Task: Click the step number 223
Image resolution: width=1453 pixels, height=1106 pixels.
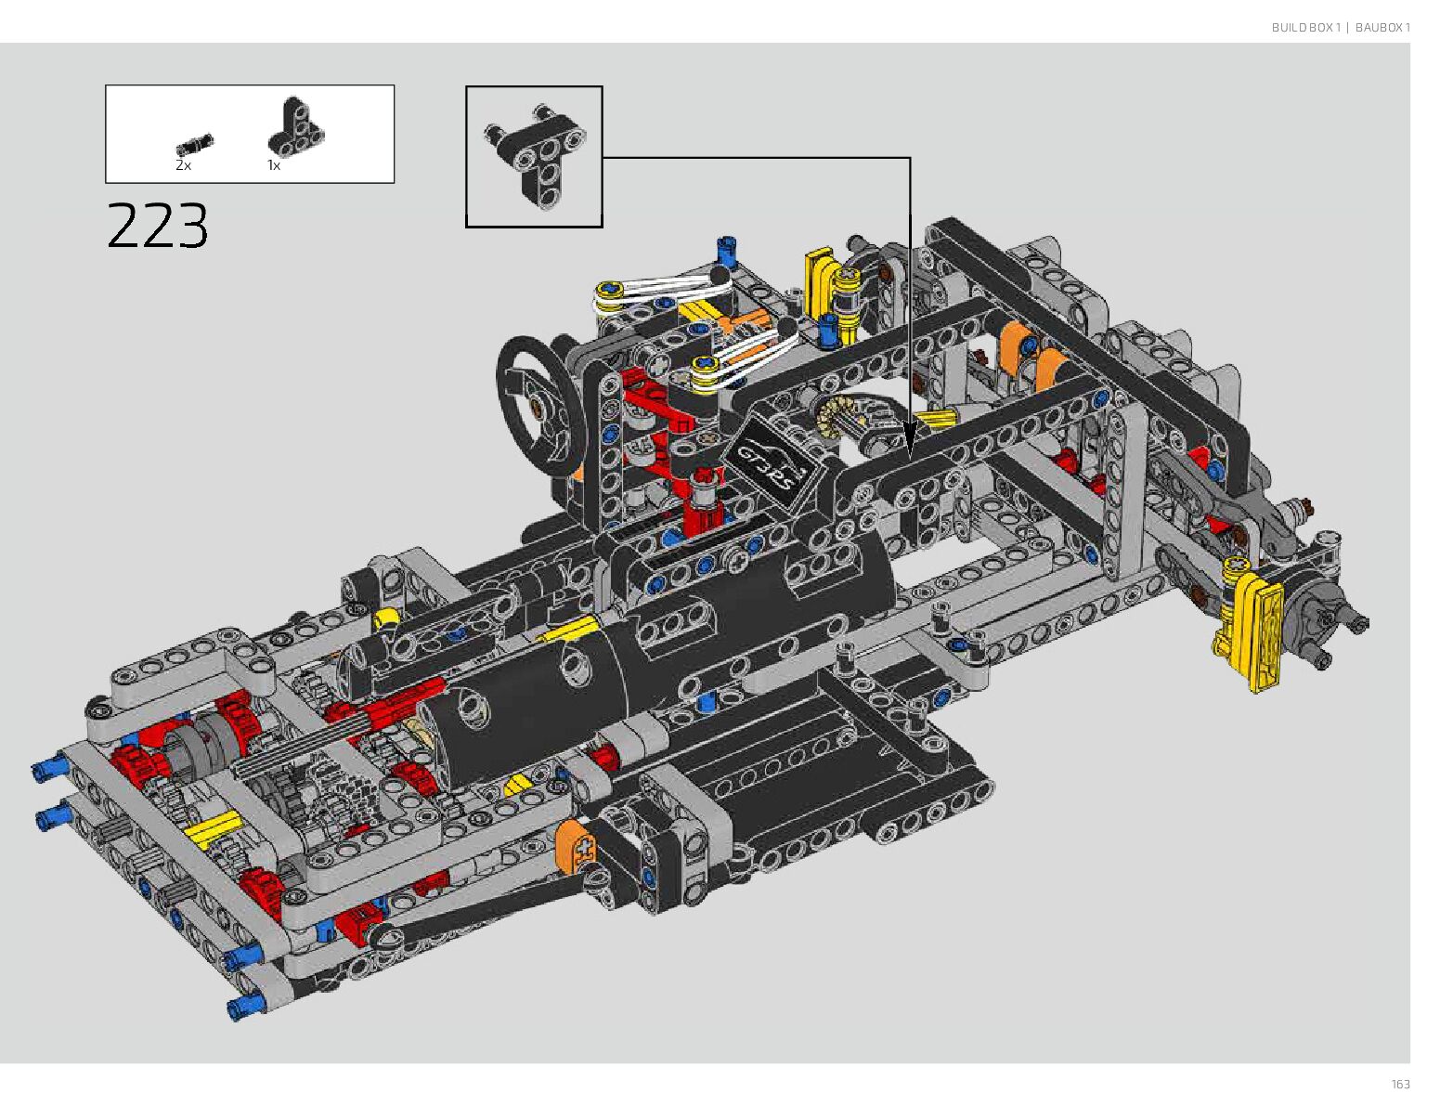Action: pyautogui.click(x=158, y=225)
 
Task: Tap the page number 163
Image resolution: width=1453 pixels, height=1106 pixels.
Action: pyautogui.click(x=1400, y=1084)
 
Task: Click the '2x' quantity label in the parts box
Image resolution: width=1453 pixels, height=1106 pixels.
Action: pyautogui.click(x=183, y=165)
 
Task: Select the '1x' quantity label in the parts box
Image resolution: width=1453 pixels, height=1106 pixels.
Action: pyautogui.click(x=274, y=165)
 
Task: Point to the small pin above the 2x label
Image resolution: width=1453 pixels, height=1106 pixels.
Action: pyautogui.click(x=195, y=144)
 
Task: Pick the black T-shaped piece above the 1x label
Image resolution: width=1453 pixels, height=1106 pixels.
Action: pyautogui.click(x=296, y=126)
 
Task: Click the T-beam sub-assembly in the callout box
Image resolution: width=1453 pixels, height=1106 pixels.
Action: pyautogui.click(x=536, y=156)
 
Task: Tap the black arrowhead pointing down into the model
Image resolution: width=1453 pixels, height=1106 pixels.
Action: pyautogui.click(x=910, y=439)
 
